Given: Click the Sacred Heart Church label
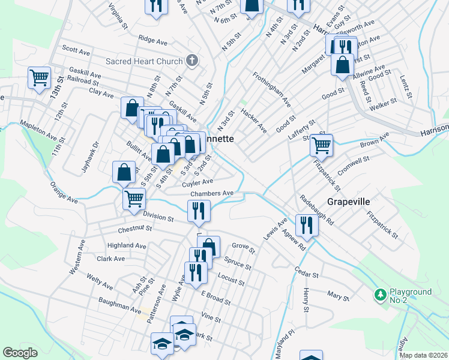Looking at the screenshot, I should tap(143, 61).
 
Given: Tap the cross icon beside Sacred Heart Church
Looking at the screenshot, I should tap(191, 60).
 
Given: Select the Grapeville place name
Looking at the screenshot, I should tap(348, 202).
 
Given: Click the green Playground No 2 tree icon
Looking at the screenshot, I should tap(379, 295).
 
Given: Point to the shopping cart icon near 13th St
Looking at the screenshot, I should tap(39, 77).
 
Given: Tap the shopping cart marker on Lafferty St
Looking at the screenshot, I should tap(322, 145).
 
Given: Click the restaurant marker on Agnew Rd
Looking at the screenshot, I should tap(307, 226).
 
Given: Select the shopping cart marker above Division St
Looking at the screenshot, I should tap(134, 198).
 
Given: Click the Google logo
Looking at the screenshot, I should tap(20, 353).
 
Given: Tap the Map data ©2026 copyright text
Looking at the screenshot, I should tap(424, 355).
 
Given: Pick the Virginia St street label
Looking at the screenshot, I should tap(118, 17).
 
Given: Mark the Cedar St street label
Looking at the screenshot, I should tap(306, 272).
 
